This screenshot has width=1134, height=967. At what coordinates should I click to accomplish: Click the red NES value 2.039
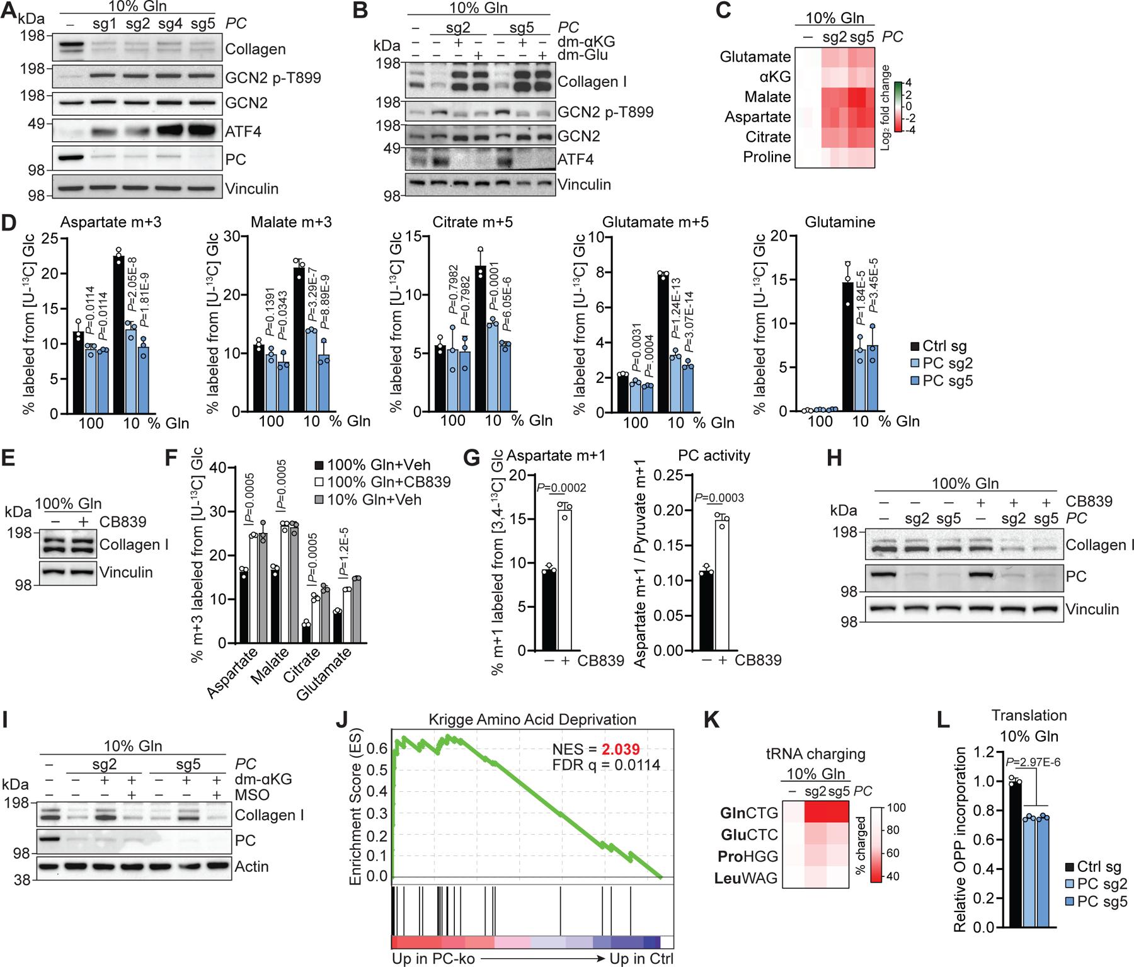click(x=621, y=749)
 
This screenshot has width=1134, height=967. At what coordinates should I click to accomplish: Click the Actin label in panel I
click(x=251, y=866)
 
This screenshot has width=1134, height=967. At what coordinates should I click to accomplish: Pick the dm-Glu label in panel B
click(x=582, y=55)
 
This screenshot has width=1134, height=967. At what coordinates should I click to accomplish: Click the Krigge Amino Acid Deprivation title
click(x=532, y=719)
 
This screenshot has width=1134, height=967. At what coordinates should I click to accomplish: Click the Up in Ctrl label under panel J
click(x=641, y=959)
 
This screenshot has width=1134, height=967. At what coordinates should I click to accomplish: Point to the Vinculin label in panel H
click(x=1092, y=609)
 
